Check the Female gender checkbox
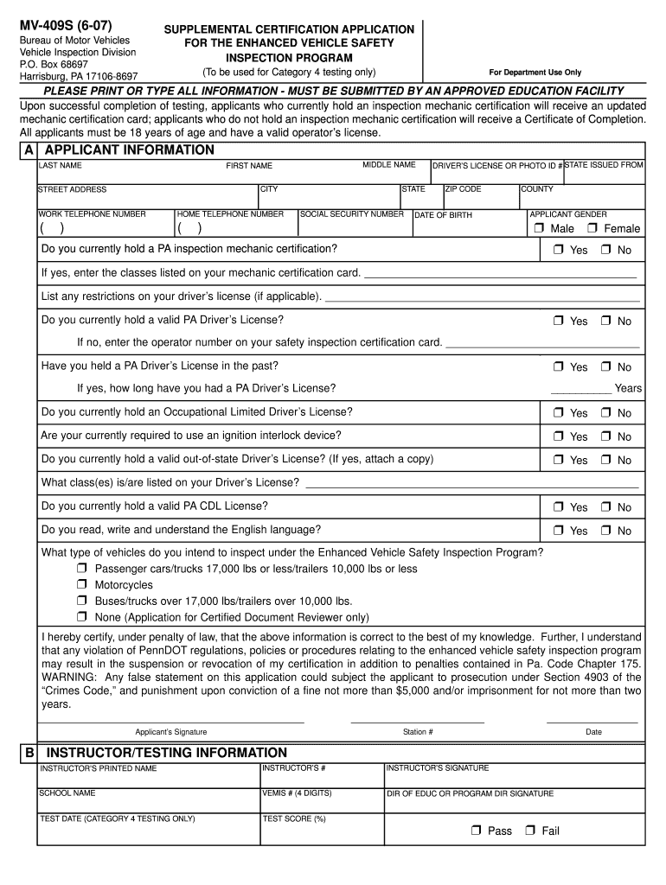coord(592,228)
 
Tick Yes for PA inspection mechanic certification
coord(559,250)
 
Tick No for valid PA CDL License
coord(606,507)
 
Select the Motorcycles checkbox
coord(81,585)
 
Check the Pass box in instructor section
coord(476,831)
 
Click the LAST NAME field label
coord(61,165)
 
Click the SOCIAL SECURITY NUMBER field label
coord(352,214)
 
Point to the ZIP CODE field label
coord(464,189)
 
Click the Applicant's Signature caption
coord(171,732)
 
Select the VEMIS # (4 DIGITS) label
coord(297,793)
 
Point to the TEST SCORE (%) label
coord(294,818)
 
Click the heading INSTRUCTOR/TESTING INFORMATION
coord(166,753)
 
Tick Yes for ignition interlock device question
coord(559,436)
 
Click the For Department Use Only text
coord(535,73)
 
